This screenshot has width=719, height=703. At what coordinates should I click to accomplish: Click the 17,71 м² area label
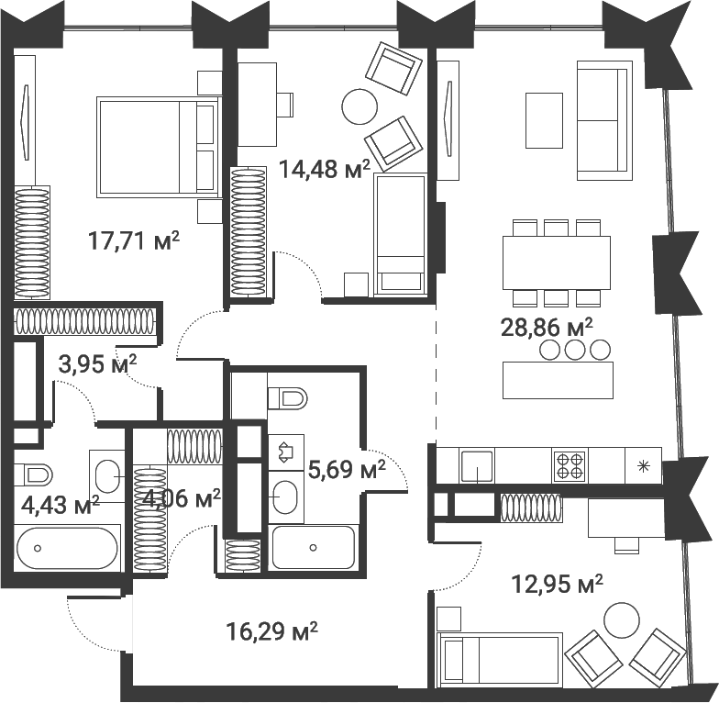click(133, 241)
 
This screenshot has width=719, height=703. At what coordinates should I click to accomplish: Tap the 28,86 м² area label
click(547, 327)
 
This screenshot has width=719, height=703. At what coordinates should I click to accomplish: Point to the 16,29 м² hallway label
click(271, 631)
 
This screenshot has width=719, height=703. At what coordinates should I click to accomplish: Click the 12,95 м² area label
click(557, 582)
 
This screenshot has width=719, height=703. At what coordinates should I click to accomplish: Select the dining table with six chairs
click(557, 262)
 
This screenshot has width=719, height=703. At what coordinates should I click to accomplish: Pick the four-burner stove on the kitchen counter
click(569, 465)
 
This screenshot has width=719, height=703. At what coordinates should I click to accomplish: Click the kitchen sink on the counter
click(477, 465)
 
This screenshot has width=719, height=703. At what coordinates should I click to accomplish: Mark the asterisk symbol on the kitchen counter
click(643, 465)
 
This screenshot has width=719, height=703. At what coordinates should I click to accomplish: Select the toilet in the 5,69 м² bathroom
click(288, 397)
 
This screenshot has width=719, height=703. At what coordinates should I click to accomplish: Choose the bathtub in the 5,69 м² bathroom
click(313, 548)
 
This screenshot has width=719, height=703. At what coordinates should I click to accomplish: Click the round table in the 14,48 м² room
click(359, 106)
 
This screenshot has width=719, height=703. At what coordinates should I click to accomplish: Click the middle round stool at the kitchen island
click(575, 349)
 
